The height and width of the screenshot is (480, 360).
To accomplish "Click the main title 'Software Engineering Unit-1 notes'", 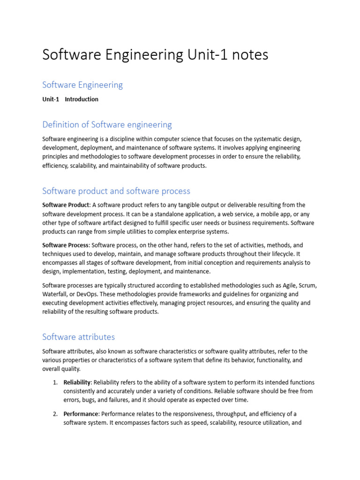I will pyautogui.click(x=155, y=55).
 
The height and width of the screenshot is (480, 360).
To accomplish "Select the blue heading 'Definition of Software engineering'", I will pyautogui.click(x=107, y=125).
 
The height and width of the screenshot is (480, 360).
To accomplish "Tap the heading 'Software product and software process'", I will pyautogui.click(x=116, y=191).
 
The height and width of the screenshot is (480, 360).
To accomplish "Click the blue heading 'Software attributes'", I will pyautogui.click(x=78, y=337).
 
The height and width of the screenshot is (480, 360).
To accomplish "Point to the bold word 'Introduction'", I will pyautogui.click(x=82, y=99).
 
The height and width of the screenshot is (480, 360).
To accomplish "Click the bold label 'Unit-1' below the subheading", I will pyautogui.click(x=51, y=99).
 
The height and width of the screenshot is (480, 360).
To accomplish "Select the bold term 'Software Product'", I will pyautogui.click(x=65, y=205).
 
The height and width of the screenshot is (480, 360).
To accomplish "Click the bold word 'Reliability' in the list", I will pyautogui.click(x=77, y=382).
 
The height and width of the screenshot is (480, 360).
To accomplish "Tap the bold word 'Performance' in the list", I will pyautogui.click(x=81, y=414).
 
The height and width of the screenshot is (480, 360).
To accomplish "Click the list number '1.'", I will pyautogui.click(x=55, y=382).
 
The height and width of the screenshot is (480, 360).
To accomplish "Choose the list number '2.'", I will pyautogui.click(x=55, y=414).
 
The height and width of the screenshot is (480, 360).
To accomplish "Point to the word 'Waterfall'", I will pyautogui.click(x=55, y=294).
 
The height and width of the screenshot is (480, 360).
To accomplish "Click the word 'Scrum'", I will pyautogui.click(x=307, y=285).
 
